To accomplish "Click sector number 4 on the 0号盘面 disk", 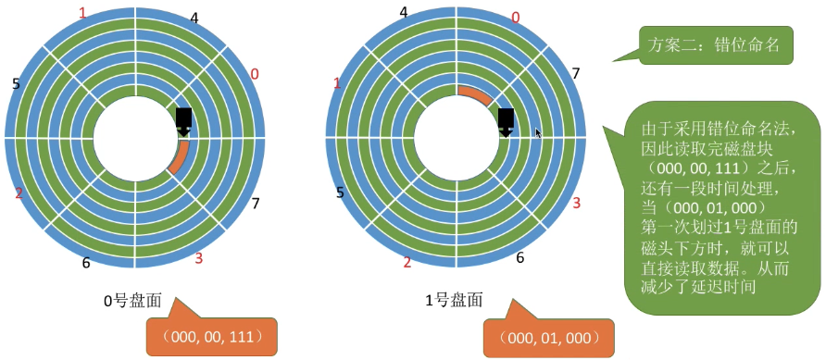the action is [x=193, y=18].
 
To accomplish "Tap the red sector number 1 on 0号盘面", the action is [x=82, y=13].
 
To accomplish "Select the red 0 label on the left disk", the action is [x=255, y=73].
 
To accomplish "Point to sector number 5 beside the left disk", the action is [x=16, y=84].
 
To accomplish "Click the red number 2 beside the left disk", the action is [x=19, y=193].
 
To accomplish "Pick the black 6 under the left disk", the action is [x=86, y=262].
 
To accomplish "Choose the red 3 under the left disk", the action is [x=198, y=257].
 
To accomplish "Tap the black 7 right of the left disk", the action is [x=256, y=203].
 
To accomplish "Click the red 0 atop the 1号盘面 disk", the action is [x=516, y=18].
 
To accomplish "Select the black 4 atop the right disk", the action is [x=403, y=12].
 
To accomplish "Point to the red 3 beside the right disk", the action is [x=575, y=203].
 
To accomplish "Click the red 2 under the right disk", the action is [x=407, y=263].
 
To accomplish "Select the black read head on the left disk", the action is [x=183, y=119].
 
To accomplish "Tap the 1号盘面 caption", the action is [x=454, y=300].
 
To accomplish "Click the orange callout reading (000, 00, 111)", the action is [x=211, y=334].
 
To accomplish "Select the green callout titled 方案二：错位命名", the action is [x=715, y=43].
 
